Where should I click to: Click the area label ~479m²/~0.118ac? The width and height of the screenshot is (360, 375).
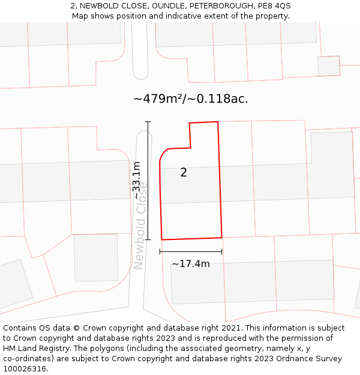pos(191,99)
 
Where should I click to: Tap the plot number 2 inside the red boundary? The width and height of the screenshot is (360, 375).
pos(184,173)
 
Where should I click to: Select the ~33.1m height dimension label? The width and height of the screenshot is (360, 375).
pos(137,180)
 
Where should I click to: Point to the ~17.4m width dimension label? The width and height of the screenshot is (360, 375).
pos(191,264)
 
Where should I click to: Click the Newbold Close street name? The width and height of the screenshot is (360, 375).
pos(140,225)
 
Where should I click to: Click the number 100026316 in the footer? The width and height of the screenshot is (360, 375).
pos(24,368)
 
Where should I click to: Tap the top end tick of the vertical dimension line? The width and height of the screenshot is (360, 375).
pos(148,122)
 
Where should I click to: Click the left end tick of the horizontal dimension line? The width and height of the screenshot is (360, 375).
pos(160,252)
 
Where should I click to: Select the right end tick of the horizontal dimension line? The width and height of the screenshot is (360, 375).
pos(222,252)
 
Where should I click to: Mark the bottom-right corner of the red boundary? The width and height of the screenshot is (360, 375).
pos(222,237)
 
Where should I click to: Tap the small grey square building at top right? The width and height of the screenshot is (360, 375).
pos(329,66)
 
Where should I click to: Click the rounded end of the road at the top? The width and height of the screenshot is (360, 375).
pos(140,75)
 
